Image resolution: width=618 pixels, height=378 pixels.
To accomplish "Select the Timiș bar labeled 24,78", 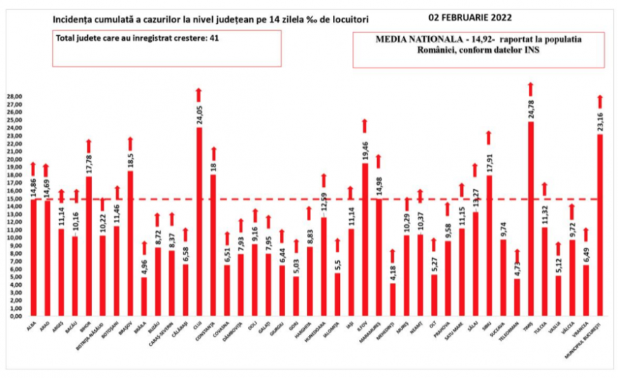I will (531, 219).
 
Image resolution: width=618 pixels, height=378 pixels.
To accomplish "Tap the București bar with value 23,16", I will (600, 225).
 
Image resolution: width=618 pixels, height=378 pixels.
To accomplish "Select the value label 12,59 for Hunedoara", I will (324, 206).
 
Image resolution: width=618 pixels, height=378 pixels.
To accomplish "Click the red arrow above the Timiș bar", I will (531, 89).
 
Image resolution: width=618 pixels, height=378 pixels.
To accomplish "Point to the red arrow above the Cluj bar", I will (199, 94).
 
